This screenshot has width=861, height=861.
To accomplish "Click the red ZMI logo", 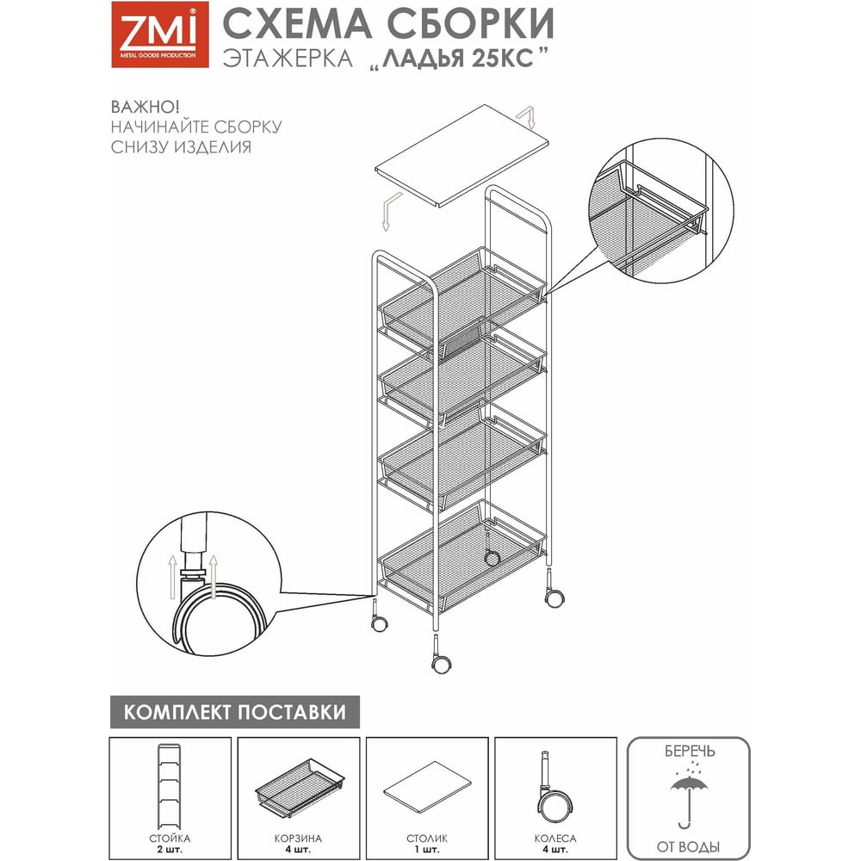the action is pos(160,34).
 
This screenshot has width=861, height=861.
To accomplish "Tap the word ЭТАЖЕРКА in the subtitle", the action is pos(288,59).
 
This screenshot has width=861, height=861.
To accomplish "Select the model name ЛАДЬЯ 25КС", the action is pos(458,59).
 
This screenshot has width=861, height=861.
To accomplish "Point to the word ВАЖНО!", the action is pos(145,107).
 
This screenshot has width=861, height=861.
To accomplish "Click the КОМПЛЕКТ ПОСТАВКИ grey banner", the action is pos(235,712).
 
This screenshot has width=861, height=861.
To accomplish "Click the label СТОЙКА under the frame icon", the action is pos(170,839).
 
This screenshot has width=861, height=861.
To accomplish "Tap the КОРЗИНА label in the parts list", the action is pos(298,839).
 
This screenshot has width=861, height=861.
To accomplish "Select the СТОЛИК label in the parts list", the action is pos(427,839).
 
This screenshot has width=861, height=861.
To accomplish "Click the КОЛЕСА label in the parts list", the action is pos(555,839).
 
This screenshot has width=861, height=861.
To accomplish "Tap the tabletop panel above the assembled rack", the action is pos(461,156).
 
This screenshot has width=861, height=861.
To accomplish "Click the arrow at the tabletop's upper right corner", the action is pos(526,117).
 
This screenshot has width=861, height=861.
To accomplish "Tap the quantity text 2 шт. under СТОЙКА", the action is pos(170,850).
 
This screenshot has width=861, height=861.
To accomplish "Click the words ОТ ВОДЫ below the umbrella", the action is pos(688,847).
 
